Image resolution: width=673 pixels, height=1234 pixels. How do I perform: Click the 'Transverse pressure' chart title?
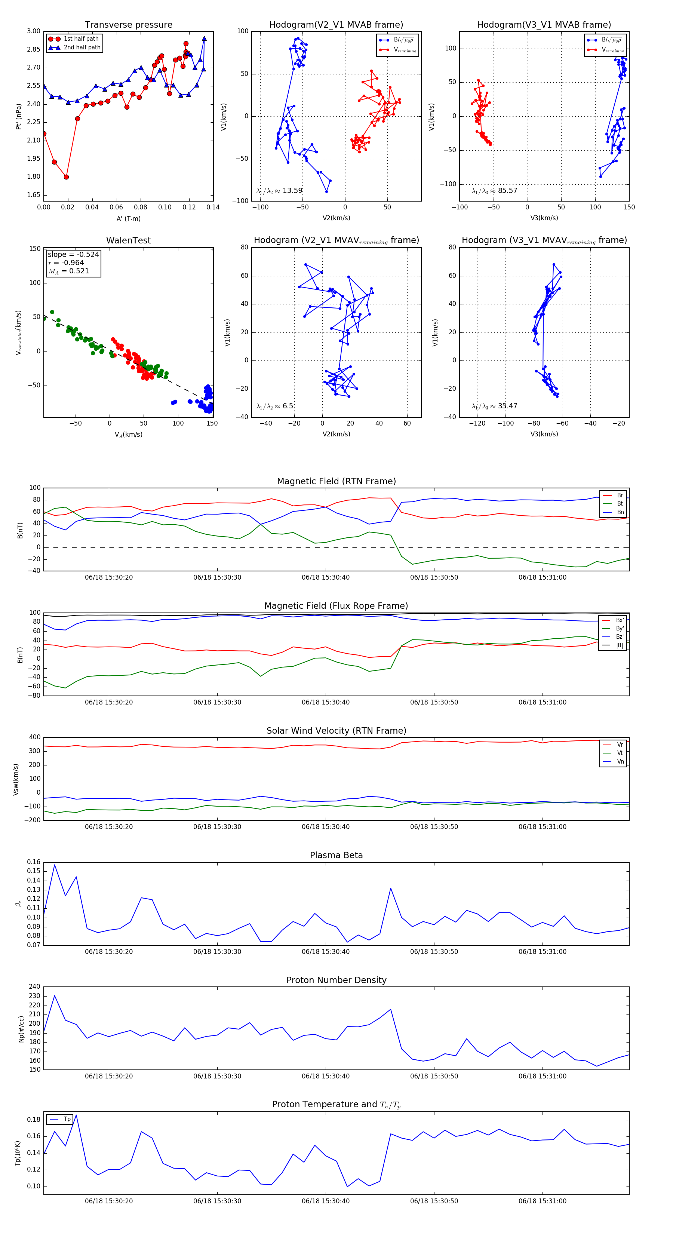tap(128, 25)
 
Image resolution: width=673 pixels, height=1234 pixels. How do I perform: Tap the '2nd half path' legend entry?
tap(82, 47)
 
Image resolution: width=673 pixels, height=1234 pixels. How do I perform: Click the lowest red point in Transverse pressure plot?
tap(66, 177)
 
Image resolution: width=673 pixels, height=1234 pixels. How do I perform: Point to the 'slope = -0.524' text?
tap(73, 254)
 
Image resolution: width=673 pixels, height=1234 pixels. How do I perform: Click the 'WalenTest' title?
tap(128, 240)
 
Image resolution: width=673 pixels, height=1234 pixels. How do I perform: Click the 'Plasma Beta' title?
tap(336, 855)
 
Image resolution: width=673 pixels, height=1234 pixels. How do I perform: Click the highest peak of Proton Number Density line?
tap(55, 996)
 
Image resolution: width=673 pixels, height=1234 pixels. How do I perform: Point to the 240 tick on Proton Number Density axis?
tap(34, 987)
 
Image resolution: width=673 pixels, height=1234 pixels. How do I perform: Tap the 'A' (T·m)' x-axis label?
tap(128, 218)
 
